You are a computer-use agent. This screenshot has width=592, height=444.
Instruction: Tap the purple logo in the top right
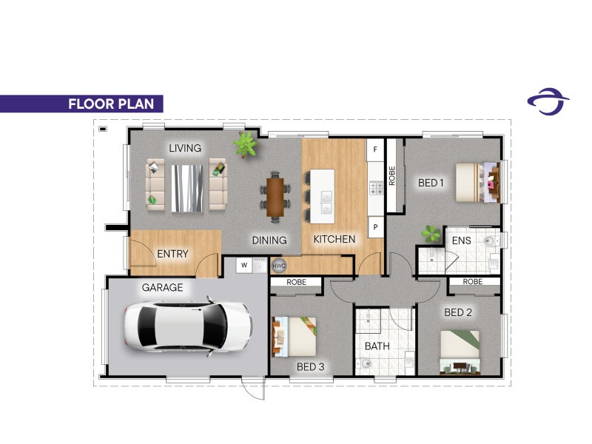point(548,101)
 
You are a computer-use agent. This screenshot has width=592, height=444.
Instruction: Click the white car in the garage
point(188,325)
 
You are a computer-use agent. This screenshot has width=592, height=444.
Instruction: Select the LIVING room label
point(185,148)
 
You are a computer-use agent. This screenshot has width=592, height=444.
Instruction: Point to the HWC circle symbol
point(279,266)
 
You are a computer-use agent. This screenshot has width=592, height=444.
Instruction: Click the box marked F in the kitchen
point(375,149)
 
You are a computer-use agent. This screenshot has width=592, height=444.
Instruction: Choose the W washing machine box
point(243,265)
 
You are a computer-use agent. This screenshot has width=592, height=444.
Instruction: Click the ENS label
point(462,240)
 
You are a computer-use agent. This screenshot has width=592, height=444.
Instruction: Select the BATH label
point(377,346)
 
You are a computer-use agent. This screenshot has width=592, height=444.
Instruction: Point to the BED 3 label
point(311,366)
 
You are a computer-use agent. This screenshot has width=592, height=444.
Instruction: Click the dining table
point(275,196)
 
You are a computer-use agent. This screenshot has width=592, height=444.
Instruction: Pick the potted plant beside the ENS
point(430,234)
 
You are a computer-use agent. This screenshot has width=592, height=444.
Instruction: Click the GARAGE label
point(162,287)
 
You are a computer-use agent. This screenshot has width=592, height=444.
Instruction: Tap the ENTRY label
point(172,254)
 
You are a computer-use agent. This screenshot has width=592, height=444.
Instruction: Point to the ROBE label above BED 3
point(296,282)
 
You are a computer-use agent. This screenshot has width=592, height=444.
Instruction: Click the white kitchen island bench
point(323,193)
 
